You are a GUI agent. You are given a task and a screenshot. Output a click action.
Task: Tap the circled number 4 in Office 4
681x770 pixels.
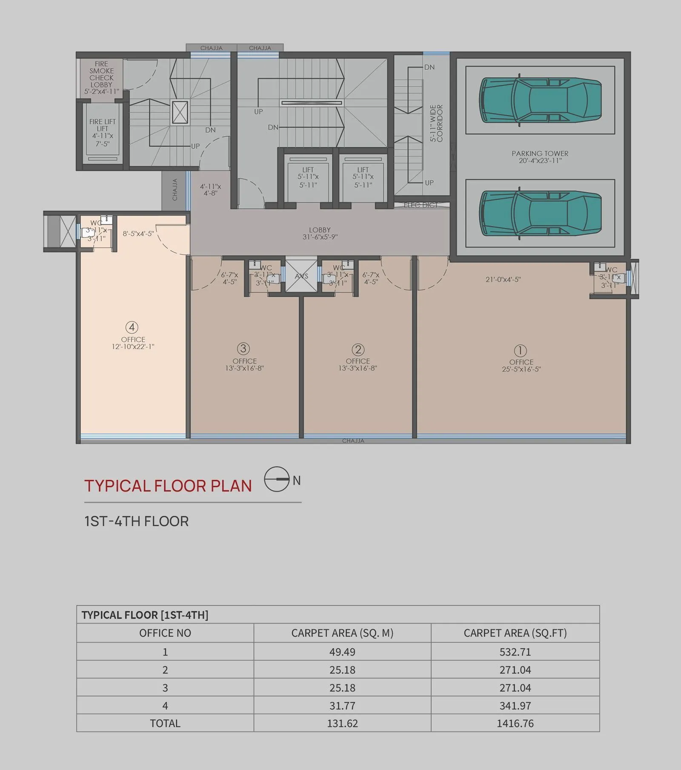click(132, 327)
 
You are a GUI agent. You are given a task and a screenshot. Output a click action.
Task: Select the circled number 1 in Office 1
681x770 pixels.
click(520, 351)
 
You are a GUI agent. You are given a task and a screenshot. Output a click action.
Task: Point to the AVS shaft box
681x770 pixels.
click(301, 276)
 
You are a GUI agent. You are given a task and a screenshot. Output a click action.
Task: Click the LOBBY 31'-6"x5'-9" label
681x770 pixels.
click(320, 233)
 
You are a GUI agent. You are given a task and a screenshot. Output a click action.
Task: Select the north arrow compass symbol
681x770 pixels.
click(277, 479)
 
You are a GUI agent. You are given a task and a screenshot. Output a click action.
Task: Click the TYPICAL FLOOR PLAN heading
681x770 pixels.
click(168, 486)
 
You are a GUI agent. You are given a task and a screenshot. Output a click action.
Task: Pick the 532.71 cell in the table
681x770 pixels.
click(515, 652)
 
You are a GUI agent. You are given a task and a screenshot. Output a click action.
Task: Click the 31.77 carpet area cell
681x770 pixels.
click(342, 705)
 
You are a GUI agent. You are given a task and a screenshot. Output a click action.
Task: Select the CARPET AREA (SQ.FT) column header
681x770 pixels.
click(515, 633)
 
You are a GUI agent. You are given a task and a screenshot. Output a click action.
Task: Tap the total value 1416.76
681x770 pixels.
click(515, 723)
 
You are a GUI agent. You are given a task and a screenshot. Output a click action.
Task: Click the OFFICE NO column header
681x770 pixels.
click(165, 633)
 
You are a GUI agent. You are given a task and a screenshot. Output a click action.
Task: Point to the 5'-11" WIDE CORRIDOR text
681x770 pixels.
click(436, 123)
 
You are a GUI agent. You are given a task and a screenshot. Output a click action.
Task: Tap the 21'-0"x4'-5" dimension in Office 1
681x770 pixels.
click(503, 280)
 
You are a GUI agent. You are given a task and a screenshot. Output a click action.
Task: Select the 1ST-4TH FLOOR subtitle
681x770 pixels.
click(136, 521)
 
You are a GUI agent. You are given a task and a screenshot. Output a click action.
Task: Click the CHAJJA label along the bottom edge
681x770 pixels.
click(353, 441)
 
